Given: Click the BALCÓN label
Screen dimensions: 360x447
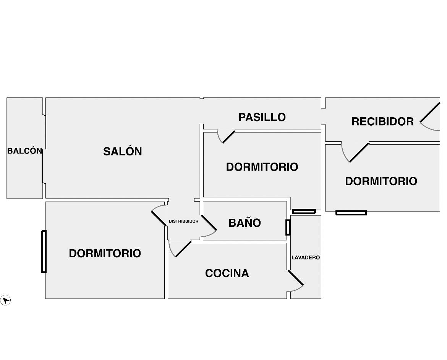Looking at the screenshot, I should tap(25, 151).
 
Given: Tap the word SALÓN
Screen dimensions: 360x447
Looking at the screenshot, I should tap(123, 152).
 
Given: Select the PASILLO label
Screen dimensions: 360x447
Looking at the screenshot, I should tap(262, 117).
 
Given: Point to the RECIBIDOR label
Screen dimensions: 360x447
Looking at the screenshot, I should tap(382, 121).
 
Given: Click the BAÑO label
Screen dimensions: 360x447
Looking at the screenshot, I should tap(245, 223).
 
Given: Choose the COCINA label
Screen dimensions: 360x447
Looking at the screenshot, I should tap(227, 273).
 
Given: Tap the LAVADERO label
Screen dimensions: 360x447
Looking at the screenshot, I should tap(306, 258).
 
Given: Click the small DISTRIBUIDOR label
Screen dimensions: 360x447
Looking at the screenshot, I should tap(184, 221).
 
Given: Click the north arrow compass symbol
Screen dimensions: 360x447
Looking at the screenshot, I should tap(5, 300).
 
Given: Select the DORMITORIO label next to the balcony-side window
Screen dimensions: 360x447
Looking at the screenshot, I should tap(105, 253).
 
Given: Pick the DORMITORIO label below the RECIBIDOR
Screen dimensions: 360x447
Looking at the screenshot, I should tap(381, 181).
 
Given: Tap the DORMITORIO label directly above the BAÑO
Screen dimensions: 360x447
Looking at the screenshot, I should tap(262, 167).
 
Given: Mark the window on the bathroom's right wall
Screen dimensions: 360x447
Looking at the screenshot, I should tap(288, 227).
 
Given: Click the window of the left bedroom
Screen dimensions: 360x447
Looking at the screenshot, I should tap(44, 252).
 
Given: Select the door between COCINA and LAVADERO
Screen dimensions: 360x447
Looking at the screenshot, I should tap(296, 278).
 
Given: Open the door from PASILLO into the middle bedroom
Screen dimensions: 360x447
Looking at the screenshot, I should tap(228, 137).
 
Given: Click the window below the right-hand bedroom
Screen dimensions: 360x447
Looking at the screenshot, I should tap(351, 213).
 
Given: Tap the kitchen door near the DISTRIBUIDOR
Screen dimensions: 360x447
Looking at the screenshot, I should tap(183, 249).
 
